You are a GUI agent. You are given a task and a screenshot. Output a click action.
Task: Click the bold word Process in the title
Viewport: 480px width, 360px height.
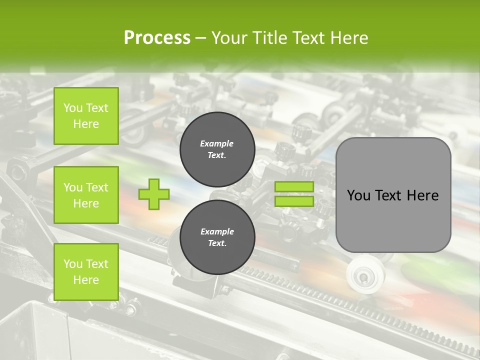pyautogui.click(x=157, y=37)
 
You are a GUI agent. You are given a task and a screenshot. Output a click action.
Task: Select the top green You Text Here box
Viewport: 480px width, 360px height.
pyautogui.click(x=86, y=116)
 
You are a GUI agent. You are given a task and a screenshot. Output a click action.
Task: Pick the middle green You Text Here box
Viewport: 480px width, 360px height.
pyautogui.click(x=86, y=195)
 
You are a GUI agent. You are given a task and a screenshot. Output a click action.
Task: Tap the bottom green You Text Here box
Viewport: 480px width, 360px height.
pyautogui.click(x=86, y=271)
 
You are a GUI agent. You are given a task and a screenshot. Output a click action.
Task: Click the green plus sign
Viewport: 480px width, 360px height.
pyautogui.click(x=154, y=194)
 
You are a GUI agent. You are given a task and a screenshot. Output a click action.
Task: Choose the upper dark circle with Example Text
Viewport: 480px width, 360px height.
pyautogui.click(x=217, y=149)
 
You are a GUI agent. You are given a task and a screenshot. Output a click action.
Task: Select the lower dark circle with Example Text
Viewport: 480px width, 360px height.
pyautogui.click(x=217, y=237)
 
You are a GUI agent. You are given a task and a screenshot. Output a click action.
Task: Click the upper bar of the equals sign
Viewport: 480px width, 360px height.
pyautogui.click(x=294, y=187)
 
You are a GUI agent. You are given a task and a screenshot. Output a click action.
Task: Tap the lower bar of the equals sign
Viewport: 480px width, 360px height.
pyautogui.click(x=294, y=201)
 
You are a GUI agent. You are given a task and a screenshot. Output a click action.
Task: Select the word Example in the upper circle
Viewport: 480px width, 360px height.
pyautogui.click(x=216, y=143)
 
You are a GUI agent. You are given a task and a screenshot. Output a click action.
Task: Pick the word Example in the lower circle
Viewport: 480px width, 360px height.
pyautogui.click(x=217, y=231)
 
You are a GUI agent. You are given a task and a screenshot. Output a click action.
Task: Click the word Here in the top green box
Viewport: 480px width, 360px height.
pyautogui.click(x=86, y=124)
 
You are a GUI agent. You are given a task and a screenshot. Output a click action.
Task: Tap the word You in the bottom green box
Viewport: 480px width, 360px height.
pyautogui.click(x=73, y=263)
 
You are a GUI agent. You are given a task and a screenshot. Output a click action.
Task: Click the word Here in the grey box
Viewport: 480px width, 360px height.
pyautogui.click(x=423, y=195)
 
